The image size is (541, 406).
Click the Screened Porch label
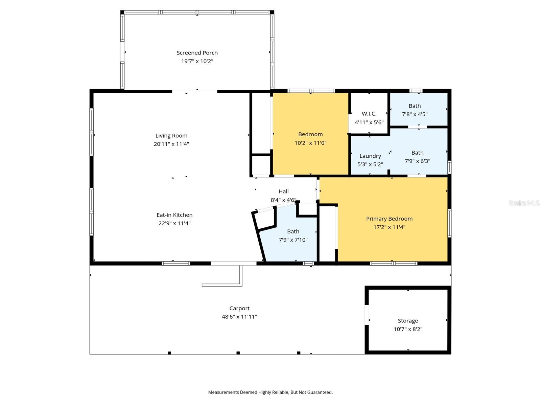[197, 53]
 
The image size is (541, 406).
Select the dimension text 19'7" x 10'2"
[197, 61]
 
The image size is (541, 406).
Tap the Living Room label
[171, 136]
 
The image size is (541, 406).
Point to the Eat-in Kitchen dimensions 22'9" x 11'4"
[174, 223]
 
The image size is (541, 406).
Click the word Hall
[283, 191]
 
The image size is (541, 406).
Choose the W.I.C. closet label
[369, 114]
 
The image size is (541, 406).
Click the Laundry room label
[370, 156]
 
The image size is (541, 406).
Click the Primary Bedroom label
[389, 219]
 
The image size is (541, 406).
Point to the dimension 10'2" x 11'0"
[310, 143]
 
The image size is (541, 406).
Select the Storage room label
[408, 321]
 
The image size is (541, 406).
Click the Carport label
[239, 308]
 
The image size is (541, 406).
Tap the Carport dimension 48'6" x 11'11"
[239, 317]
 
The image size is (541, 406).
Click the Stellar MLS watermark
[524, 203]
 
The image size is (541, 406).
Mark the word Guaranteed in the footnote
[320, 392]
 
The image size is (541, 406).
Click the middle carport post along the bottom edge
[238, 353]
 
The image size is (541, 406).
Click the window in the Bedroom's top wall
[311, 91]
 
